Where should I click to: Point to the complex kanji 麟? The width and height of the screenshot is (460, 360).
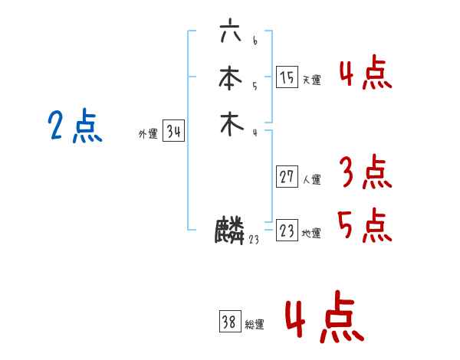pos(230,231)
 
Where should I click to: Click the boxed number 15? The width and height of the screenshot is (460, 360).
pos(287,77)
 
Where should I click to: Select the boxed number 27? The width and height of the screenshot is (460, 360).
pos(287,178)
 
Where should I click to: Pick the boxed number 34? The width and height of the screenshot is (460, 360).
pos(173,132)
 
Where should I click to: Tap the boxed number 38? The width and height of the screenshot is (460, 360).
pos(230,322)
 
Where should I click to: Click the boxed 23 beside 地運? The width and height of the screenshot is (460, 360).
pos(287,231)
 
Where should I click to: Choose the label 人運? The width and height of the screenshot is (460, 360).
pos(311,180)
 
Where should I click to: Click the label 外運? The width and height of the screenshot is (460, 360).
pos(148,134)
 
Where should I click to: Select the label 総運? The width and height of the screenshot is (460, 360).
pos(255,325)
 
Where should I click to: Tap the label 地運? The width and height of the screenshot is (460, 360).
pos(311,234)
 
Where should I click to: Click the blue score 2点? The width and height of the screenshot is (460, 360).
pos(75,126)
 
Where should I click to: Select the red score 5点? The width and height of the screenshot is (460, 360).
pos(366,224)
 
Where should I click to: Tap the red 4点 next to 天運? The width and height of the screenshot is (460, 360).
pos(366,73)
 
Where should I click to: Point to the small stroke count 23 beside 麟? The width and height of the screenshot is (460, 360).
pos(254,241)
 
